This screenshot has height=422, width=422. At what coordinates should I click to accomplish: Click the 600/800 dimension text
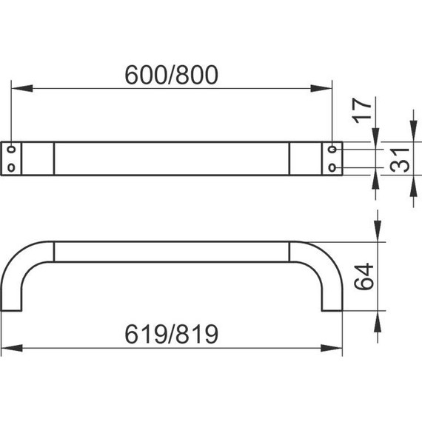coord(172,75)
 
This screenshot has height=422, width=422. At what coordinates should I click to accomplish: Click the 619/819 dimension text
coord(172,334)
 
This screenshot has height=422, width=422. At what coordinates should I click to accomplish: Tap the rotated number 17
coord(362,110)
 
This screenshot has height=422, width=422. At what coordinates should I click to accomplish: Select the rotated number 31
coord(400,160)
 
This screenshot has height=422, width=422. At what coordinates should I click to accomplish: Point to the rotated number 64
coord(364,277)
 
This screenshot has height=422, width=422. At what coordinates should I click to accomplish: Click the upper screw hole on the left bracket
coord(11,149)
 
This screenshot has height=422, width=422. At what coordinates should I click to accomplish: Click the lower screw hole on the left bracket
coord(11,167)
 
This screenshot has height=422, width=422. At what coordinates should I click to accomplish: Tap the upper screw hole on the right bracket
coord(332,149)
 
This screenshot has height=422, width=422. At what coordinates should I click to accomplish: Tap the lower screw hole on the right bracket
coord(332,167)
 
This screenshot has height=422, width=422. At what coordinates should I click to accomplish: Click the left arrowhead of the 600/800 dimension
coord(22,88)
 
